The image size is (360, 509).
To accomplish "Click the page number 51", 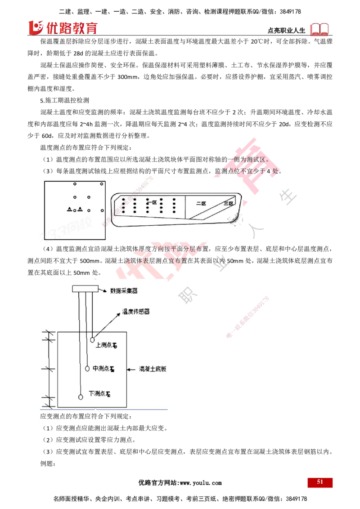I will pos(320,482).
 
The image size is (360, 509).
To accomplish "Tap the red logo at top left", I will pos(63,27).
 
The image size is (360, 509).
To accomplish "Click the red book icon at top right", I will pos(320,29).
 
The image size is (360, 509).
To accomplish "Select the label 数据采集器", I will pos(124,290).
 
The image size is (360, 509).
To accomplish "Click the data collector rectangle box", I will pos(85,288).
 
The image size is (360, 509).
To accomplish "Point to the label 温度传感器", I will pos(136,311).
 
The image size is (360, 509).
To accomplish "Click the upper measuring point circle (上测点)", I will pos(92,339).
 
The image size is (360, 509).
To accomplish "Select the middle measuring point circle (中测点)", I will pos(88,368).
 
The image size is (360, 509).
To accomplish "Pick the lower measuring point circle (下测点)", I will pos(81,397).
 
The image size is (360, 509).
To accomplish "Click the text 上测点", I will pos(103,345).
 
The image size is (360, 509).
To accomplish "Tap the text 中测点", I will pos(100,368).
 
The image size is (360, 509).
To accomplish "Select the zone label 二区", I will pos(201,203).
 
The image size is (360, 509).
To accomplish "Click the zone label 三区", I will pos(229,204).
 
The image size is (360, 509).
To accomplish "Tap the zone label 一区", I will pos(153,202).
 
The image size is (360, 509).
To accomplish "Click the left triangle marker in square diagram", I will pos(69,209).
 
